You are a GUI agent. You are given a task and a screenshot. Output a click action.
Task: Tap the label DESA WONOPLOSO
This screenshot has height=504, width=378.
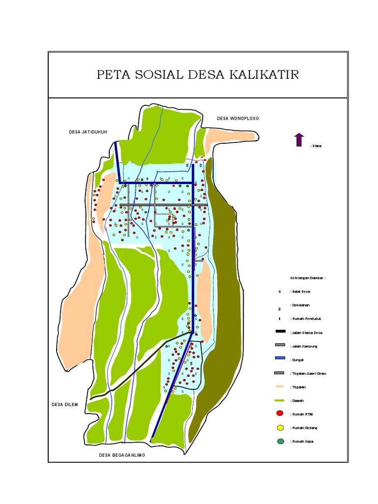click(238, 119)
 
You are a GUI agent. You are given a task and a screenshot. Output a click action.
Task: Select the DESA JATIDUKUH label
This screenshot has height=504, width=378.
click(88, 132)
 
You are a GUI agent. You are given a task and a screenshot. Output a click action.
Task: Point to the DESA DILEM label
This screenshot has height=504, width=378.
click(64, 405)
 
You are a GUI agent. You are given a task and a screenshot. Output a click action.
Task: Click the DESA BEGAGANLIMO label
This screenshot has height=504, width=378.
click(122, 455)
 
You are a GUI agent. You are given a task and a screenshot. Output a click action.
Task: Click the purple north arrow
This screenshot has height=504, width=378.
click(299, 140)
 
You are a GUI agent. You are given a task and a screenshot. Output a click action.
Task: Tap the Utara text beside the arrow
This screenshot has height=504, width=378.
click(316, 146)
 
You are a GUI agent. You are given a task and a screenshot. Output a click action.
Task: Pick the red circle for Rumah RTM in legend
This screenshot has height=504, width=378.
click(280, 414)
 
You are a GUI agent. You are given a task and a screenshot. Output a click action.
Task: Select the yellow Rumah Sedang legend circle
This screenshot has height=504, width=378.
click(280, 428)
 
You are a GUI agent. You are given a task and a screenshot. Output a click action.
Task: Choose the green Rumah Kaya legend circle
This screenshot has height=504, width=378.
click(280, 441)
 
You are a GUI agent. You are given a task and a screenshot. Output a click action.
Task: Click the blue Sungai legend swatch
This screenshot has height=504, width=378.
click(280, 359)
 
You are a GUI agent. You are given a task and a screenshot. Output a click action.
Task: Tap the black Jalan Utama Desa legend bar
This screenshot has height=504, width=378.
click(280, 332)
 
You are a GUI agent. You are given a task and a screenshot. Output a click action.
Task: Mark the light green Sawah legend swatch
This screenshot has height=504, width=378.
click(280, 400)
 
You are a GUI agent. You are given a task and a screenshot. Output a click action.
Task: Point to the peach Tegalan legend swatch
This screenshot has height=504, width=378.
click(280, 386)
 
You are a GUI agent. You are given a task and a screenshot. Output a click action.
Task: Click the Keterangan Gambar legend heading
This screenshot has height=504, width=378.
click(308, 278)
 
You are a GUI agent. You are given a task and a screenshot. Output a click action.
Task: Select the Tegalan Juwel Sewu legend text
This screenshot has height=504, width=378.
click(309, 374)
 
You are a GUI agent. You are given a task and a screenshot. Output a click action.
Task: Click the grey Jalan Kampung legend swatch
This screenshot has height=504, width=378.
click(280, 346)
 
